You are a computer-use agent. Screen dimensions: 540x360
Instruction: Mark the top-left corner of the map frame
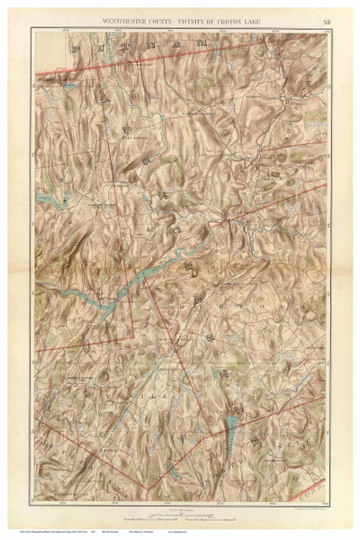pyautogui.click(x=31, y=29)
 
